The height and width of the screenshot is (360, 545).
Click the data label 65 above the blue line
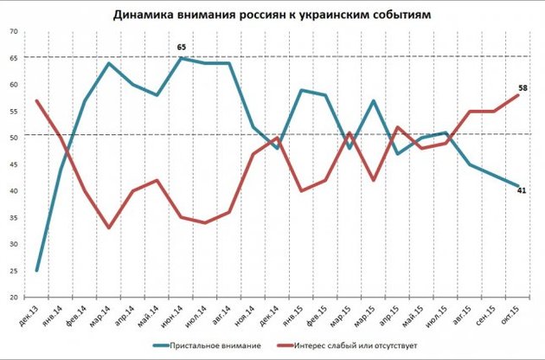click(x=182, y=48)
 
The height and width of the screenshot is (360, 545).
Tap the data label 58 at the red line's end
click(x=524, y=88)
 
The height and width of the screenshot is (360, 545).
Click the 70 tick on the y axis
click(x=13, y=31)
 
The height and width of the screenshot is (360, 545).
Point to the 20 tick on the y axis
click(x=13, y=297)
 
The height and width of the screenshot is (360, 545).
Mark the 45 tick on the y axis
click(x=13, y=164)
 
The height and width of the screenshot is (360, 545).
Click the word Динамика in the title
click(x=144, y=15)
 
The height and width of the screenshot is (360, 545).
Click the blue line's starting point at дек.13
click(x=36, y=271)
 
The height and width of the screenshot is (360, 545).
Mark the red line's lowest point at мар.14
click(x=109, y=228)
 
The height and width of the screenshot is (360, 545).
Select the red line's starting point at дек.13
click(x=36, y=100)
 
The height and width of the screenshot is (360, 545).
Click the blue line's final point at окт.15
click(x=517, y=185)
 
